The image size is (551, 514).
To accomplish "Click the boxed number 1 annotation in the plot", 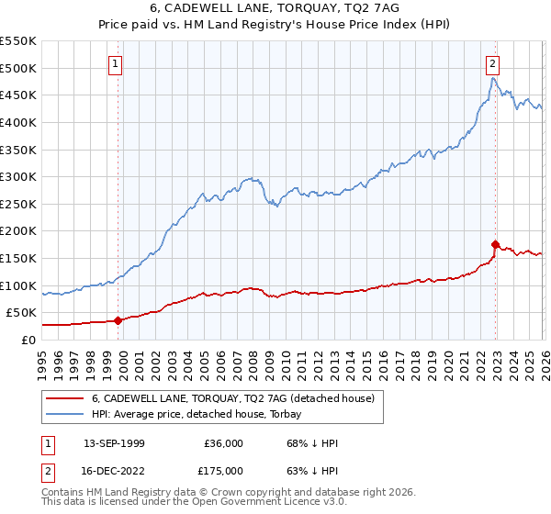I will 116,63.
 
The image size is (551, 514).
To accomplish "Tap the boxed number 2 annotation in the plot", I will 493,63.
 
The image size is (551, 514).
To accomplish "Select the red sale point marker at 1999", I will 118,320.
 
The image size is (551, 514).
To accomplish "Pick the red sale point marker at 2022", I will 496,245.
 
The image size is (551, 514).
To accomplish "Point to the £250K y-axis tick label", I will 18,204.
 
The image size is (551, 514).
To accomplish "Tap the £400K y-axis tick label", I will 18,122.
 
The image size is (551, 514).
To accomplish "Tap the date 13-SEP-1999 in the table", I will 114,443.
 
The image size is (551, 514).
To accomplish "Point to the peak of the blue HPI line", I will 493,78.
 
